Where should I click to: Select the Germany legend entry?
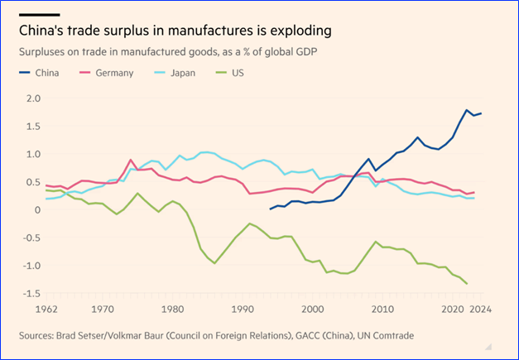point(114,73)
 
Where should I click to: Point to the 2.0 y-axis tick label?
point(32,98)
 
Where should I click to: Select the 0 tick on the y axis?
point(36,210)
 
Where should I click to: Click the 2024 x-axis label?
point(481,310)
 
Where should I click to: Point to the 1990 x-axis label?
point(242,310)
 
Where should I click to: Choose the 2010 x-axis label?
point(382,310)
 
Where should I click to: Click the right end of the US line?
point(468,284)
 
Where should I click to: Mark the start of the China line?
point(270,209)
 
